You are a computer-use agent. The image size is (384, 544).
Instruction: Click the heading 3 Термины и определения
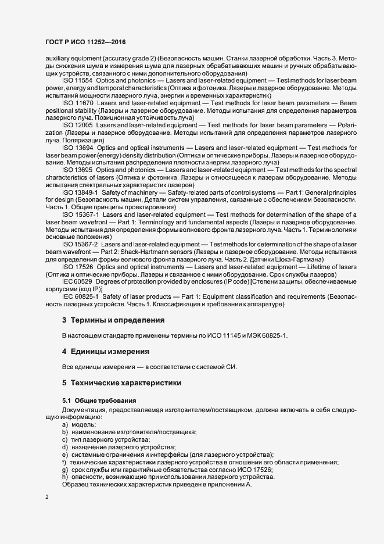point(114,320)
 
